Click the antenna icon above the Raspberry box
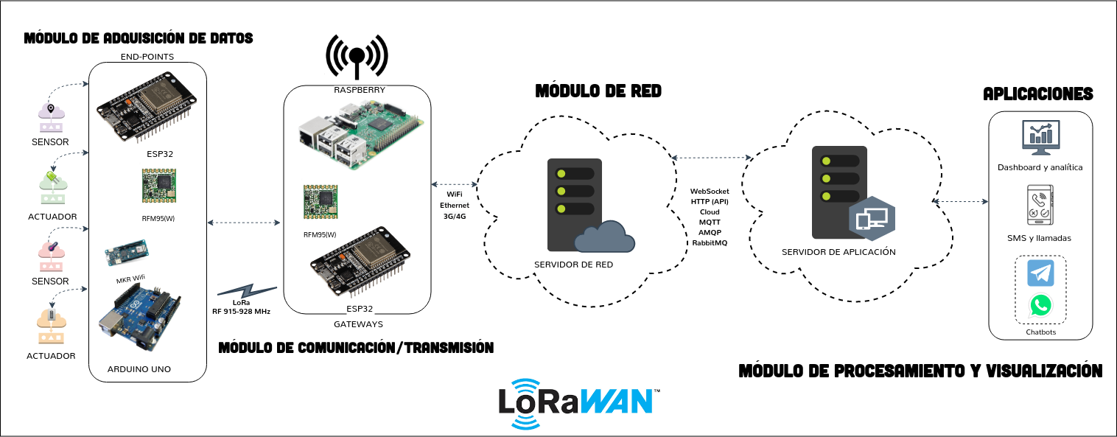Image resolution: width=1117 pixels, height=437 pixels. point(357,57)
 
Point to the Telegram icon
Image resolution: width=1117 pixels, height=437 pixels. point(1040,273)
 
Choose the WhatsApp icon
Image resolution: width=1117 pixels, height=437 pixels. point(1040,305)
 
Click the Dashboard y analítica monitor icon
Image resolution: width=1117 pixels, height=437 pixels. point(1040,139)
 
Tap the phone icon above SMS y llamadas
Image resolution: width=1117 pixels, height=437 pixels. point(1040,206)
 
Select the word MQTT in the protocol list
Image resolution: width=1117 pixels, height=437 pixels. point(710,222)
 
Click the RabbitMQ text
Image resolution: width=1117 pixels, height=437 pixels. point(710,242)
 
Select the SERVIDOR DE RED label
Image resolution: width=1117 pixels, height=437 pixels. point(573,265)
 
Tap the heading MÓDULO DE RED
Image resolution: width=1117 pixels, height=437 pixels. point(598,91)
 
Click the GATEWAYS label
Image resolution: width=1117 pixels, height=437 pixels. point(358,324)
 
